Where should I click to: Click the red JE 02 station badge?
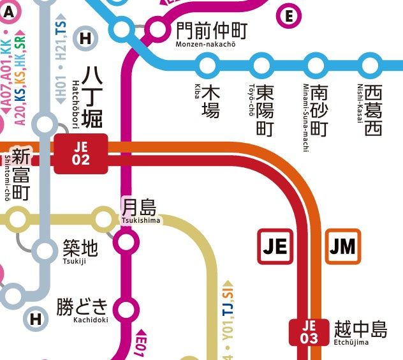click(x=81, y=154)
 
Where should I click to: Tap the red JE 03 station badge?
click(x=309, y=332)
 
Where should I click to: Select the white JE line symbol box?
click(x=275, y=246)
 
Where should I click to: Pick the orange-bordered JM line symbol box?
click(x=343, y=246)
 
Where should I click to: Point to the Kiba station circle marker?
click(x=207, y=64)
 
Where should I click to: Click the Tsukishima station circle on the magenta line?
click(x=126, y=242)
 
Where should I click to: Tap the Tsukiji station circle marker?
click(x=45, y=251)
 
